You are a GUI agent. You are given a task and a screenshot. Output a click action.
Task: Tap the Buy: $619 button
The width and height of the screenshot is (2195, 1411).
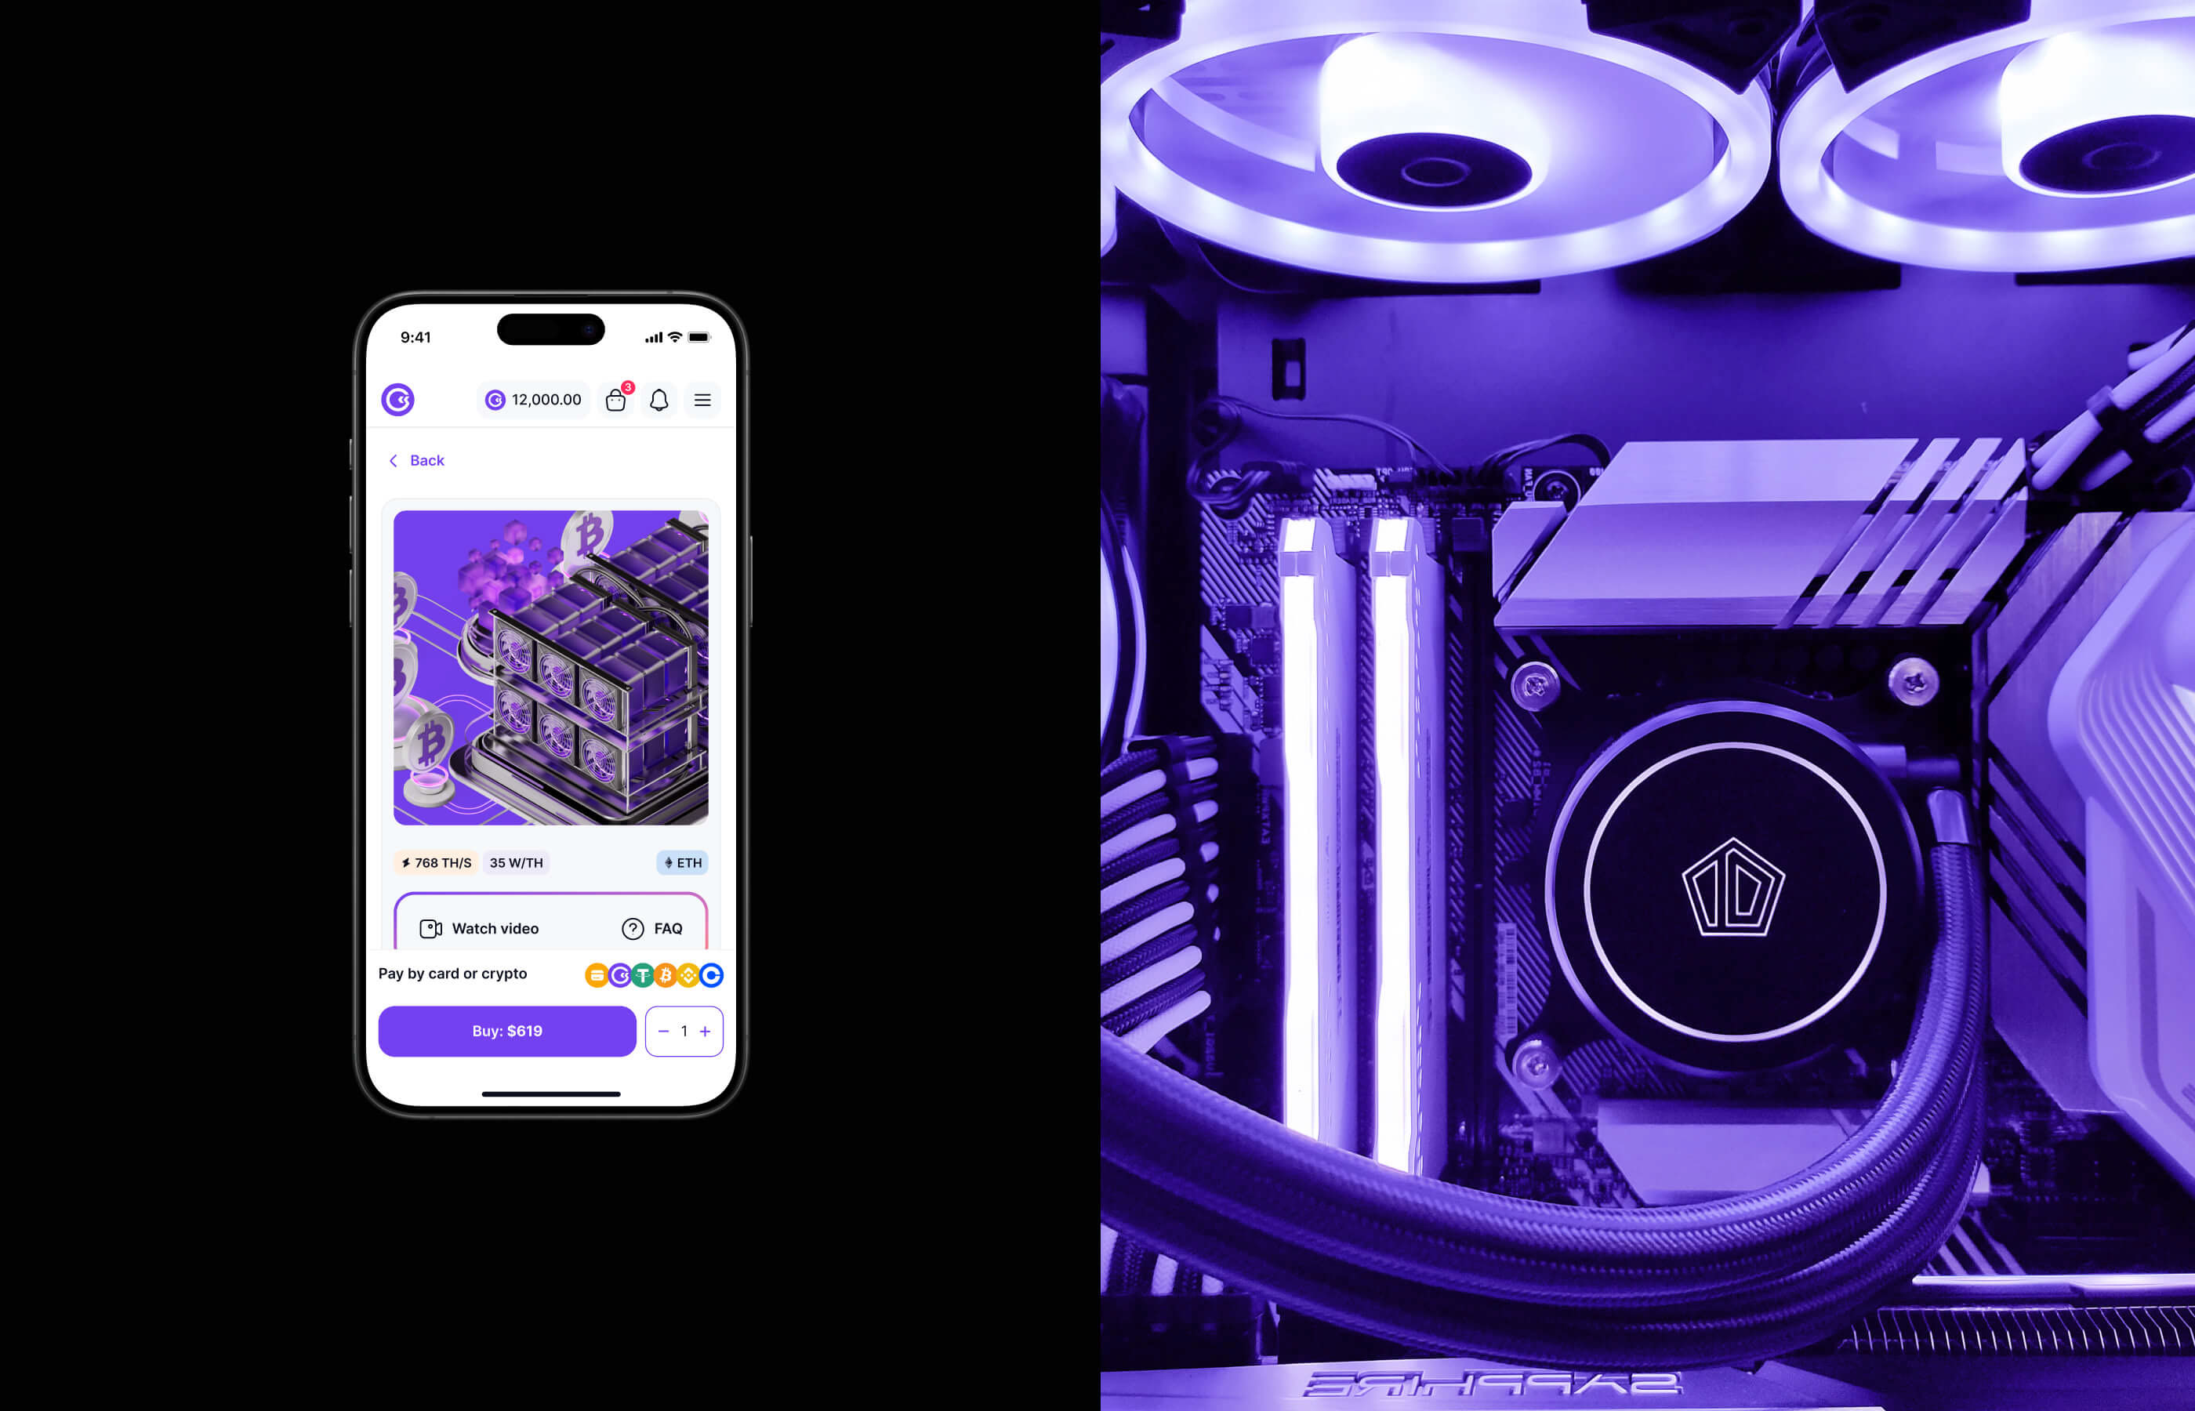pyautogui.click(x=506, y=1031)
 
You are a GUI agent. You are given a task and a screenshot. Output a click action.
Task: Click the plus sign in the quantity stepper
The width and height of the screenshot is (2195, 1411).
pyautogui.click(x=705, y=1032)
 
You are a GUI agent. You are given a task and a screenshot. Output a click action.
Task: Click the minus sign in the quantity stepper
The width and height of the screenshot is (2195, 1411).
pyautogui.click(x=663, y=1032)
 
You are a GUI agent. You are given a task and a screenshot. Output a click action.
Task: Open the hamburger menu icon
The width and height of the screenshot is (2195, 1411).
pyautogui.click(x=702, y=400)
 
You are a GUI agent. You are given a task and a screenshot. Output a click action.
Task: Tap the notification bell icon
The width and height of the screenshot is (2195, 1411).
pyautogui.click(x=658, y=400)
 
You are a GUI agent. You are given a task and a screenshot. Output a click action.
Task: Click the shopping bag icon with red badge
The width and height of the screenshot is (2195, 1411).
pyautogui.click(x=616, y=398)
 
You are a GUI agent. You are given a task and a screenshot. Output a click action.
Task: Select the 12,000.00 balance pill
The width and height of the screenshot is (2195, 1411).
pyautogui.click(x=533, y=400)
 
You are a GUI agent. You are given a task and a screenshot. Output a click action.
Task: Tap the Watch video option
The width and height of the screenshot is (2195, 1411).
pyautogui.click(x=479, y=928)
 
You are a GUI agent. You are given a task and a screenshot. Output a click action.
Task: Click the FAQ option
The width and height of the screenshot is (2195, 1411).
pyautogui.click(x=652, y=928)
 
